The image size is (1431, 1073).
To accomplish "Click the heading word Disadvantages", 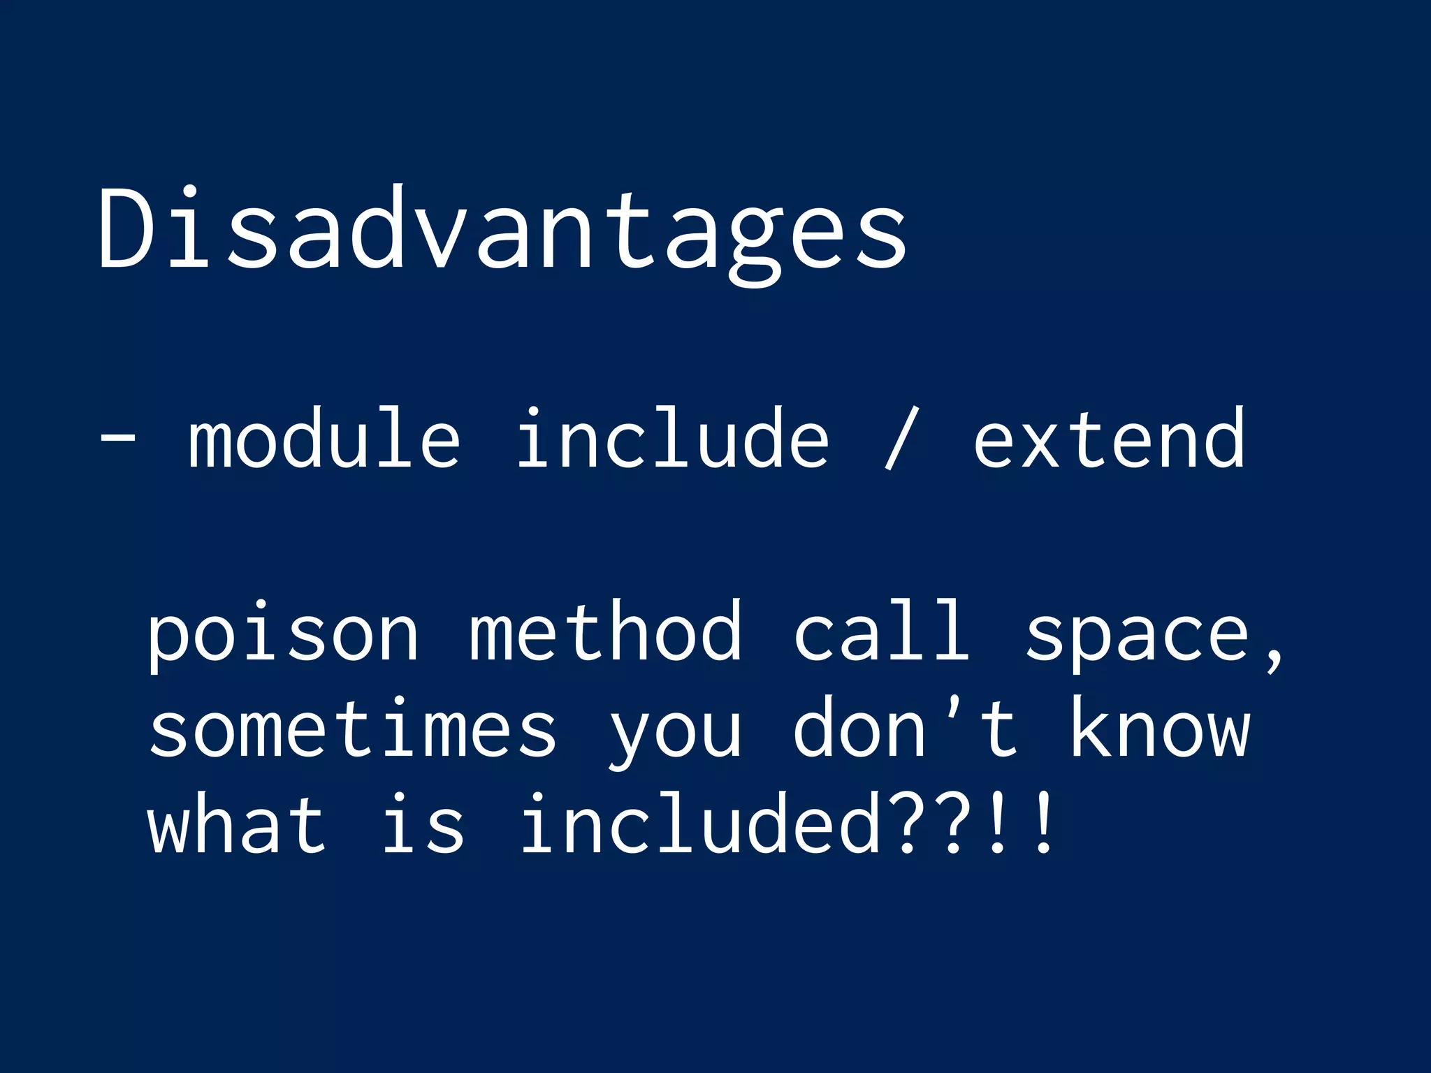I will (503, 231).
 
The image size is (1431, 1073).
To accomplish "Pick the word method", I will (605, 632).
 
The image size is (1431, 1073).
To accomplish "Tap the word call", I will (882, 632).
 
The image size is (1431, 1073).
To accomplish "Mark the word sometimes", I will (353, 730).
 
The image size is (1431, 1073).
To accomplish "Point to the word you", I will (675, 733).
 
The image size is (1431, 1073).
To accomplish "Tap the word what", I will (236, 824).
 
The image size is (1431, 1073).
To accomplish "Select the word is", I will (423, 824).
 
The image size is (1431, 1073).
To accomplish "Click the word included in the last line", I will (699, 824).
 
